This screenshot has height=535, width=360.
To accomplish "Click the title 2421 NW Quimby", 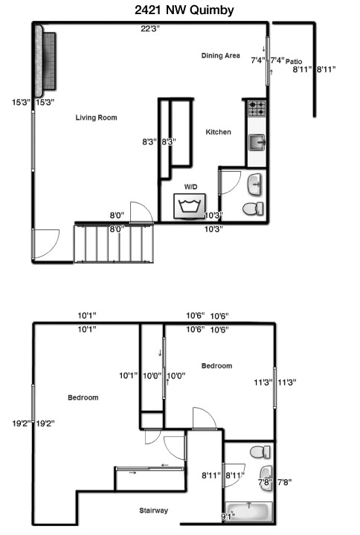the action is tap(184, 10).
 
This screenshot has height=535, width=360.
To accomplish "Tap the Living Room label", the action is tap(96, 118).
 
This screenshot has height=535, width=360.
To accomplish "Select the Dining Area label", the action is tap(221, 56).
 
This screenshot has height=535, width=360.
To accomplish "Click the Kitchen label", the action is tap(218, 132).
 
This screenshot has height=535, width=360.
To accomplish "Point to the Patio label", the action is tap(294, 62).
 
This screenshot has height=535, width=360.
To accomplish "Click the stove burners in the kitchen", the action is tap(257, 108).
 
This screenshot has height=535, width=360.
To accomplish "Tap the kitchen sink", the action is tap(257, 142).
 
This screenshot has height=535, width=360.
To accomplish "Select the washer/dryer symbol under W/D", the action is tap(190, 206).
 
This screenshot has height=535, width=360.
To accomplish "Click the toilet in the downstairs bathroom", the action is tap(253, 209).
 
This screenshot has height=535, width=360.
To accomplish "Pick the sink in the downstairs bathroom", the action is tap(254, 185).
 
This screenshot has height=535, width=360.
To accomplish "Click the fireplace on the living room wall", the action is tap(45, 61).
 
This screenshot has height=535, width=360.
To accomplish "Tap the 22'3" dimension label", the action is tap(150, 29).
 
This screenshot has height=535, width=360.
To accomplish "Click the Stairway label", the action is tap(153, 510).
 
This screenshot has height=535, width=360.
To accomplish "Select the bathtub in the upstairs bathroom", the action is tap(249, 512).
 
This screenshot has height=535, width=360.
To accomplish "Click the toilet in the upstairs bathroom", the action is tap(260, 452).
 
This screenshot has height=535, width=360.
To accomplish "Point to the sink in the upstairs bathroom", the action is tap(266, 478).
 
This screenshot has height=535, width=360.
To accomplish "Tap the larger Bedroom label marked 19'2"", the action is tap(83, 397).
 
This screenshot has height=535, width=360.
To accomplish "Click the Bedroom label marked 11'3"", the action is tap(217, 366).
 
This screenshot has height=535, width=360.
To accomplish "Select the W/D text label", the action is tap(190, 187).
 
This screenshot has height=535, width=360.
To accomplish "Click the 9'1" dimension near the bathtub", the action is tap(228, 516).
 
